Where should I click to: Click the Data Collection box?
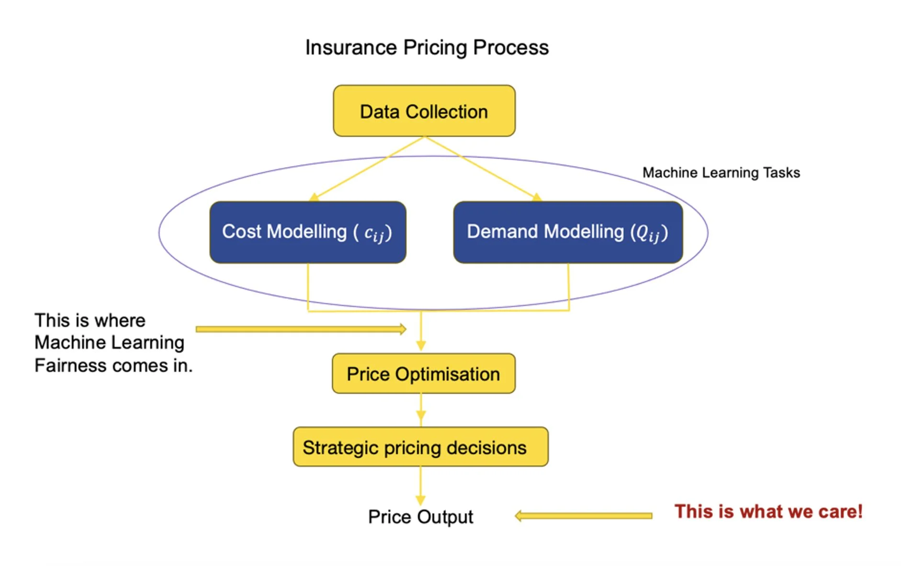point(424,111)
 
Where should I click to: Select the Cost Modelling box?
point(308,232)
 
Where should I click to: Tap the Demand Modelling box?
point(568,232)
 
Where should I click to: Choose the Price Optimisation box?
point(424,374)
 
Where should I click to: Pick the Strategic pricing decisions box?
point(420,447)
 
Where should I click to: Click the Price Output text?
point(420,517)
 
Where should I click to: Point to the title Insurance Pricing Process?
point(427,47)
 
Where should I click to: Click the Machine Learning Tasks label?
point(721,172)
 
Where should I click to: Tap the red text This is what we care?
point(768,511)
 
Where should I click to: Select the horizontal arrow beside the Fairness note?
point(301,329)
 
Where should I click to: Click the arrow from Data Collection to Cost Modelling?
point(369,168)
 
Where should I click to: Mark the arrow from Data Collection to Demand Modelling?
point(481,168)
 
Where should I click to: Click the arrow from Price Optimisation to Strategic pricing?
point(421,410)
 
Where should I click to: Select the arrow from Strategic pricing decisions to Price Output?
point(420,485)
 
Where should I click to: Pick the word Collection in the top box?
point(447,112)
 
